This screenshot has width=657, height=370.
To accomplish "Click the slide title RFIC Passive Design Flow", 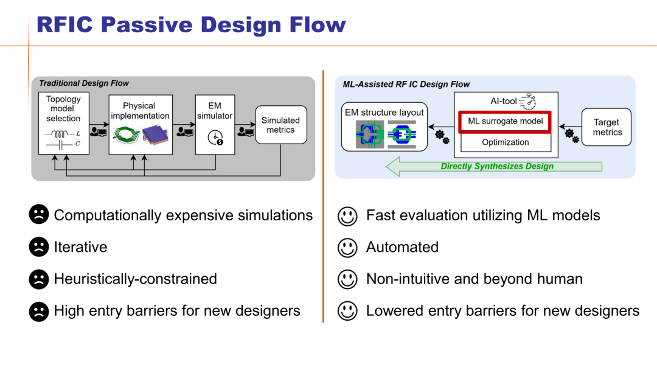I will (x=190, y=24).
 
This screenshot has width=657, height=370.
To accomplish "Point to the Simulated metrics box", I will (x=280, y=125).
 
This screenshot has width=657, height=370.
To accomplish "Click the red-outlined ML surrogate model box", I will (x=506, y=122).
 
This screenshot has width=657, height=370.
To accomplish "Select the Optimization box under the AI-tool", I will (x=506, y=142).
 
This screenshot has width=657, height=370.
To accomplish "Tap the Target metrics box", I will (x=607, y=127).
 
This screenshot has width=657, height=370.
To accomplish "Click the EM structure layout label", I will (x=384, y=113).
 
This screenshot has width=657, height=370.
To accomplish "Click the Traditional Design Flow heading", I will (x=84, y=83).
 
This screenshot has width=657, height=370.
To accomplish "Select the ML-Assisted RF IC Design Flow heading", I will (x=406, y=85).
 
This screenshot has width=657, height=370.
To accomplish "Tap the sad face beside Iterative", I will (x=38, y=246).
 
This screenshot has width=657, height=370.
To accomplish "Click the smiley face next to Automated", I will (x=347, y=246).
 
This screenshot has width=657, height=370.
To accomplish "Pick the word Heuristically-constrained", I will (x=135, y=279).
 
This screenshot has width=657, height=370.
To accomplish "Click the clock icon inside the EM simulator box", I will (x=214, y=138).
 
